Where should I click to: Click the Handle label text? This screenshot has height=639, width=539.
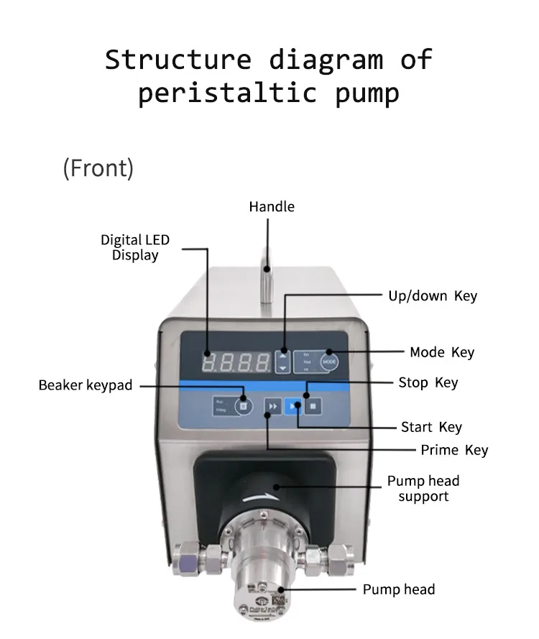coord(272,207)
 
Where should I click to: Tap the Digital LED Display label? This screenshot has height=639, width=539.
coord(135,247)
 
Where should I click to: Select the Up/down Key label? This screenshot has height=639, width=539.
coord(432,295)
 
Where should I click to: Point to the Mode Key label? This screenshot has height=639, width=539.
coord(442,352)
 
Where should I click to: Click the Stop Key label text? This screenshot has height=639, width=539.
coord(428,382)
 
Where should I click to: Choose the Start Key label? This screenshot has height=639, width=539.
coord(431,427)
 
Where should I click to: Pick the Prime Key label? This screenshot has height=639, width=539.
coord(453,450)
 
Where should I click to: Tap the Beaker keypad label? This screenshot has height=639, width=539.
coord(86,385)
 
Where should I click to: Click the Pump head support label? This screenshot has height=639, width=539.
coord(423,488)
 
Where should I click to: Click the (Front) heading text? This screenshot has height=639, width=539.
coord(98,168)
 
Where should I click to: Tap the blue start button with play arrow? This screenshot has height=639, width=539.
coord(292,406)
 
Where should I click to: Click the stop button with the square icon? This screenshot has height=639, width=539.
coord(313,406)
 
